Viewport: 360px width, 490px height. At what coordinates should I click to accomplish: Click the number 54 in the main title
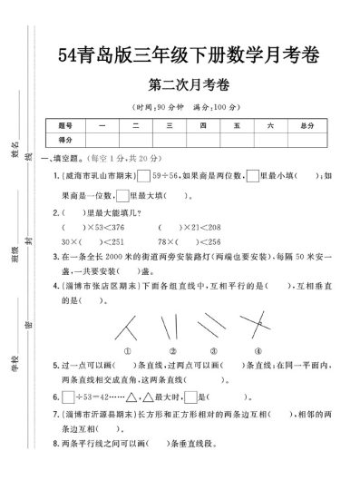coord(64,54)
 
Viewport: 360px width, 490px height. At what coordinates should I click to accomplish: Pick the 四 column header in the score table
coord(204,124)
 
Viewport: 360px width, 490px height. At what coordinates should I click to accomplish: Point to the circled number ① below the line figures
coord(129,351)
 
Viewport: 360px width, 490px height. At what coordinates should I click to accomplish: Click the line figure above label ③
coord(213,326)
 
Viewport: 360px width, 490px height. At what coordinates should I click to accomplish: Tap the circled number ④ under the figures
coord(258,351)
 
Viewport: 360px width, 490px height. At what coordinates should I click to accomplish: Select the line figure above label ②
coord(170,326)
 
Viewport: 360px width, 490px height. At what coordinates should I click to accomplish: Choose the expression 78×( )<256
coord(188,241)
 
